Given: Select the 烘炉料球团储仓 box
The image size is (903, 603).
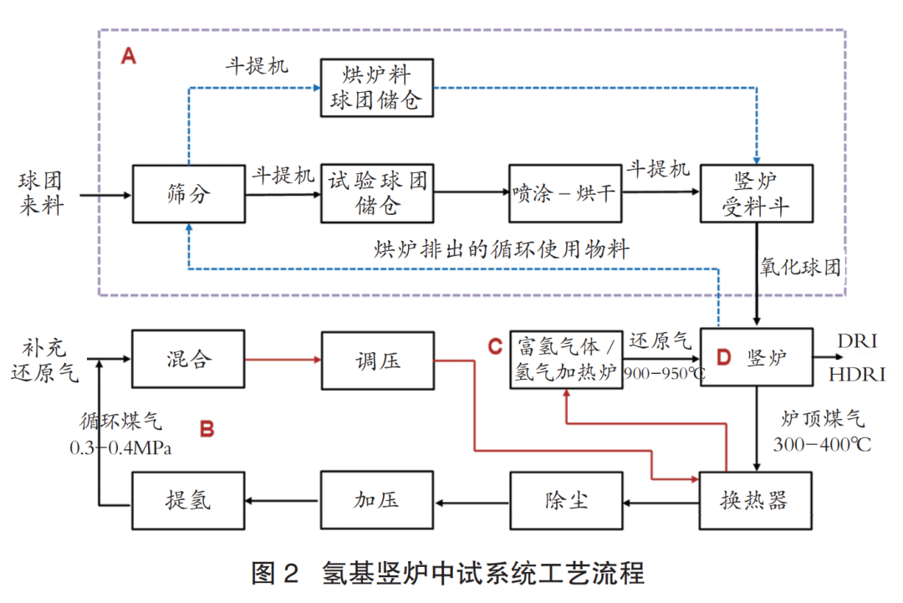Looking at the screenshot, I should point(377,87).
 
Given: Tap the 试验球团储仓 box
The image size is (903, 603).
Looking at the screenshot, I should point(377,194).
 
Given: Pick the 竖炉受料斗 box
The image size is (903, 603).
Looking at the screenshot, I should point(756,194).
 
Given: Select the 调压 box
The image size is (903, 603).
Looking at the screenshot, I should point(377,360).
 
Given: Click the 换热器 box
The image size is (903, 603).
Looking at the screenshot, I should point(756,500).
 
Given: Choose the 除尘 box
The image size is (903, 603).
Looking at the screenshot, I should point(565,500).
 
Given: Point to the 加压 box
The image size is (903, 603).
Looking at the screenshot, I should point(377,500).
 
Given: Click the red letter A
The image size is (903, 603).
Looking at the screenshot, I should point(128,56).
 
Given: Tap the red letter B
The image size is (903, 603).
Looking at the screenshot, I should point(207,430).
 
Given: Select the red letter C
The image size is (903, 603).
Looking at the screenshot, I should point(494,345).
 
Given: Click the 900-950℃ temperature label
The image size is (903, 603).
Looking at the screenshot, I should point(664,373).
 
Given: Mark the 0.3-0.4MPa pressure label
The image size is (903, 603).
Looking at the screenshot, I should point(120,449).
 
